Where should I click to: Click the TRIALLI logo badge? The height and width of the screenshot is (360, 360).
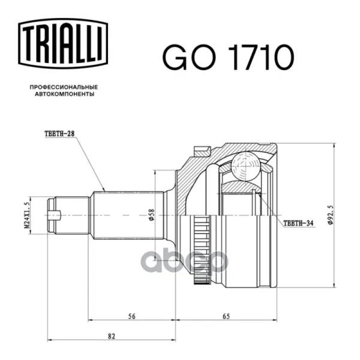pyautogui.click(x=63, y=44)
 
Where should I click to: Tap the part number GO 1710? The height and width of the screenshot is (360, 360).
pyautogui.click(x=228, y=57)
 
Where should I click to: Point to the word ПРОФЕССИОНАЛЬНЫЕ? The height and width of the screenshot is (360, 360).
pyautogui.click(x=64, y=87)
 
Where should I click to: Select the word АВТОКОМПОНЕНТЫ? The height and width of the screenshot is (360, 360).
pyautogui.click(x=65, y=94)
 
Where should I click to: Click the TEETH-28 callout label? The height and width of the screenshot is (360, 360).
pyautogui.click(x=59, y=134)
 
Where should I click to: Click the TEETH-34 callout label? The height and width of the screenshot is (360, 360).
pyautogui.click(x=298, y=223)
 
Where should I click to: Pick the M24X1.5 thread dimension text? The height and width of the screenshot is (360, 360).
pyautogui.click(x=27, y=215)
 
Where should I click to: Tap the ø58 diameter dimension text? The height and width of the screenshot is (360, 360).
pyautogui.click(x=152, y=215)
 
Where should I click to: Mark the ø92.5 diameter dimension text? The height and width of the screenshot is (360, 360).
pyautogui.click(x=330, y=215)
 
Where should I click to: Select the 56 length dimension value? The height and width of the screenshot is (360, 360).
pyautogui.click(x=131, y=316)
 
